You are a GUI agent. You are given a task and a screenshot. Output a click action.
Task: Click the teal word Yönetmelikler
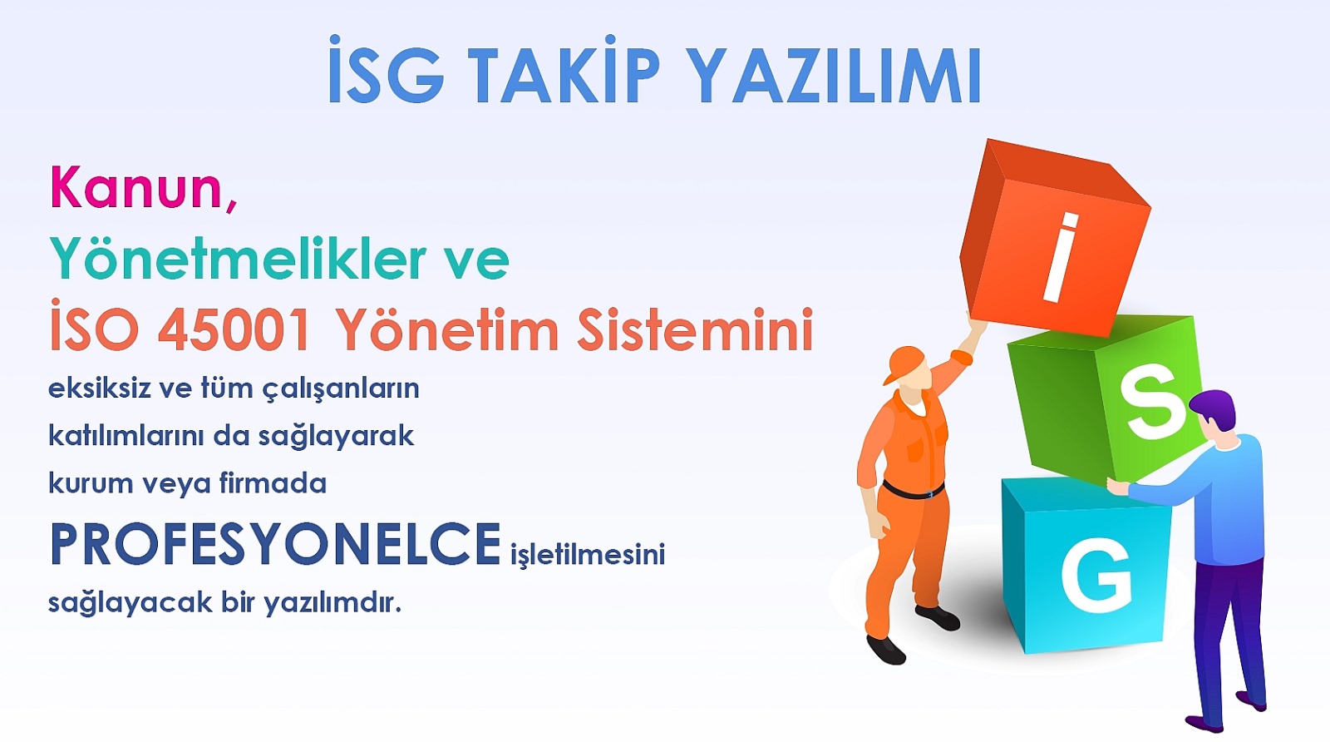click(238, 257)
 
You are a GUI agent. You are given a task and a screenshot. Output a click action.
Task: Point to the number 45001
click(234, 329)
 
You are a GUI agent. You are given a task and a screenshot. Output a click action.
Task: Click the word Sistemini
click(695, 329)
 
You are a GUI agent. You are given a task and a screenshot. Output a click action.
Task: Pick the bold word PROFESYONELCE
click(275, 543)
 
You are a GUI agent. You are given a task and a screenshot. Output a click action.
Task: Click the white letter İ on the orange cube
click(1059, 257)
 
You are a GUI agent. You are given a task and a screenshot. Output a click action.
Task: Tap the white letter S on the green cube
click(1155, 402)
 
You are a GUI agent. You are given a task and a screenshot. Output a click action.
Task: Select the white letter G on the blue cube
click(1096, 575)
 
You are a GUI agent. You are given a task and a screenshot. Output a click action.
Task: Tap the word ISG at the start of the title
click(386, 70)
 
